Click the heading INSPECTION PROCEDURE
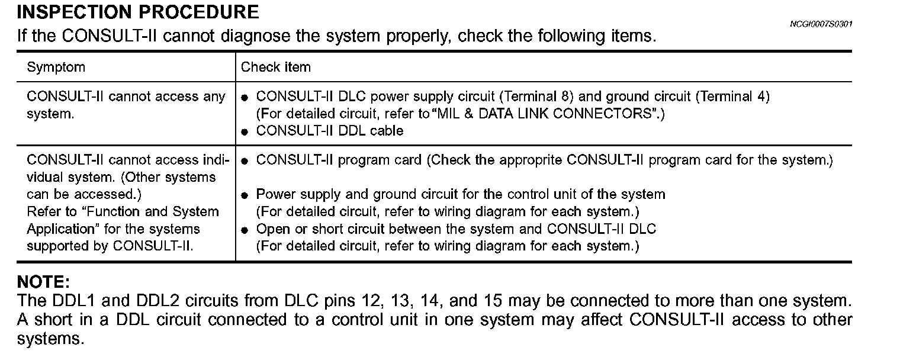pyautogui.click(x=138, y=12)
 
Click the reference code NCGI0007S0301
pyautogui.click(x=821, y=24)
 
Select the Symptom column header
pyautogui.click(x=56, y=67)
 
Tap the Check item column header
pyautogui.click(x=275, y=67)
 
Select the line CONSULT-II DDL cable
pyautogui.click(x=329, y=131)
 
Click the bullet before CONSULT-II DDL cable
pyautogui.click(x=245, y=132)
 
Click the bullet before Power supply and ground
pyautogui.click(x=245, y=195)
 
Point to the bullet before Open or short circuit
pyautogui.click(x=245, y=230)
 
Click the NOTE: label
pyautogui.click(x=44, y=281)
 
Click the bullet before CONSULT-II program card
pyautogui.click(x=245, y=161)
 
